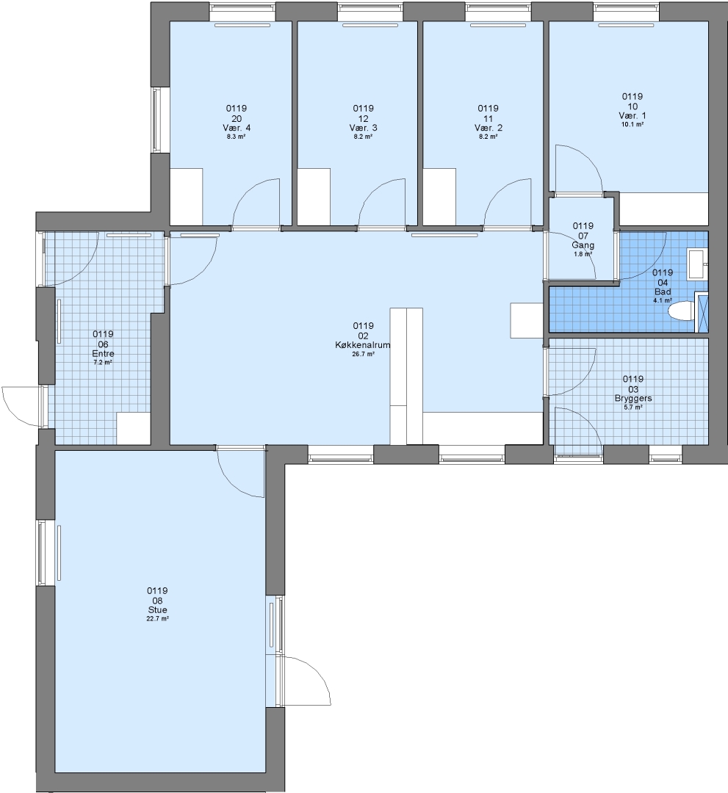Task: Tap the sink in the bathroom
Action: pos(696,264)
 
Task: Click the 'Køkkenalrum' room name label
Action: pos(363,345)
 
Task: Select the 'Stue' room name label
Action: pos(157,610)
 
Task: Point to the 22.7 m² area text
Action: pos(157,618)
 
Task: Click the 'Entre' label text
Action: pos(103,353)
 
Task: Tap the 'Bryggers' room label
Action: pos(633,399)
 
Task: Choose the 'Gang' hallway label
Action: pos(583,245)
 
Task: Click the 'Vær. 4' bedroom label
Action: pos(237,128)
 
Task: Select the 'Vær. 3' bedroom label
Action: pos(363,128)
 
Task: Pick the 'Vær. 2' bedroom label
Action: pos(489,128)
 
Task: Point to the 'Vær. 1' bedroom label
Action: pos(633,116)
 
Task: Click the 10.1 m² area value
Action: pos(633,124)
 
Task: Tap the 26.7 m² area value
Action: pos(363,355)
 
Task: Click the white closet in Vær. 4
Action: pos(186,197)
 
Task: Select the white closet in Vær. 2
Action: pos(439,197)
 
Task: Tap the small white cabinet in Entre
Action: pos(134,428)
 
